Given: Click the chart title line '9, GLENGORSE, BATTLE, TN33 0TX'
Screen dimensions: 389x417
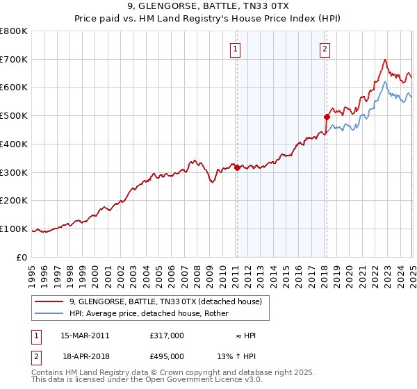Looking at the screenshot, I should (208, 6).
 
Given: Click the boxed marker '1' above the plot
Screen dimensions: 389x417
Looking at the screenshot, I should (236, 49).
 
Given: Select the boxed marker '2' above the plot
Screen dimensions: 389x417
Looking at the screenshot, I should (325, 49).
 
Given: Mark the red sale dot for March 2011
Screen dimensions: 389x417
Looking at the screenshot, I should (237, 167).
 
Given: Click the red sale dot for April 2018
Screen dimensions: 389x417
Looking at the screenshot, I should (327, 117).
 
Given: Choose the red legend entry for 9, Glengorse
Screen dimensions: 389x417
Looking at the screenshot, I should (165, 301).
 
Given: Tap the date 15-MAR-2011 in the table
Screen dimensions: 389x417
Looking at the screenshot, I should (85, 336).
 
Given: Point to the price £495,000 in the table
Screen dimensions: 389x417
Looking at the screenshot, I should (167, 356).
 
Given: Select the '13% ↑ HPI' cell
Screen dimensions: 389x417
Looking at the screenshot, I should (236, 356).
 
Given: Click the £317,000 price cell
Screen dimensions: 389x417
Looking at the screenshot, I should (167, 336).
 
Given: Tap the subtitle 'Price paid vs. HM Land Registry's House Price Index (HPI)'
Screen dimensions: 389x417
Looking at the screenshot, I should (208, 19).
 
